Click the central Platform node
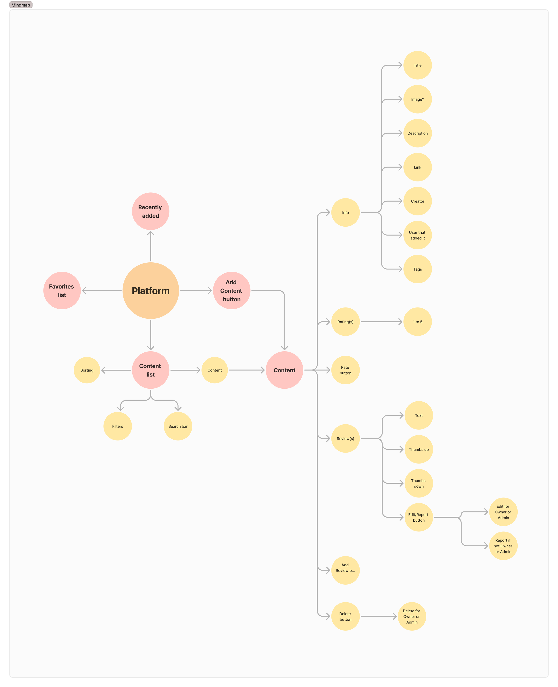pyautogui.click(x=150, y=291)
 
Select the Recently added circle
pyautogui.click(x=150, y=211)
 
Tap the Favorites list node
pyautogui.click(x=62, y=291)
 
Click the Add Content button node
pyautogui.click(x=231, y=291)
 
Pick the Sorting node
pyautogui.click(x=87, y=370)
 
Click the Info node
pyautogui.click(x=345, y=212)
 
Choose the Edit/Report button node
pyautogui.click(x=418, y=517)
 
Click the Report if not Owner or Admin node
pyautogui.click(x=503, y=546)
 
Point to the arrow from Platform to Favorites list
pyautogui.click(x=102, y=291)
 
